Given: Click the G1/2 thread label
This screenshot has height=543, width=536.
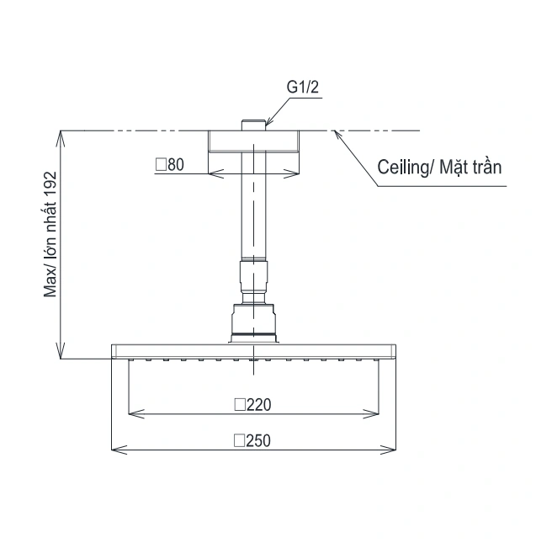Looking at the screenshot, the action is tap(302, 87).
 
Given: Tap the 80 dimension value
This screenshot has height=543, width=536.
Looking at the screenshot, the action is tap(176, 165).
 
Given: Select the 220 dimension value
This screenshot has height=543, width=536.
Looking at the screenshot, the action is tap(259, 405).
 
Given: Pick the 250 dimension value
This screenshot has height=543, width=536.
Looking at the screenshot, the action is tap(258, 441).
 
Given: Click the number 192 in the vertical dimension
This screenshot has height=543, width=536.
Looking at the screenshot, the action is tap(50, 184).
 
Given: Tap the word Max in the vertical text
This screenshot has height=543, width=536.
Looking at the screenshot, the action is tap(50, 285).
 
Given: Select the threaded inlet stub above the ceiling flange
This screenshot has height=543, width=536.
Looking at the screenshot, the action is tap(253, 125).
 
